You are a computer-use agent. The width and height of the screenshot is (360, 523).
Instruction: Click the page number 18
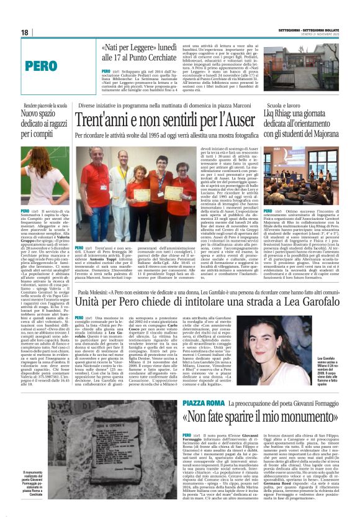25,32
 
